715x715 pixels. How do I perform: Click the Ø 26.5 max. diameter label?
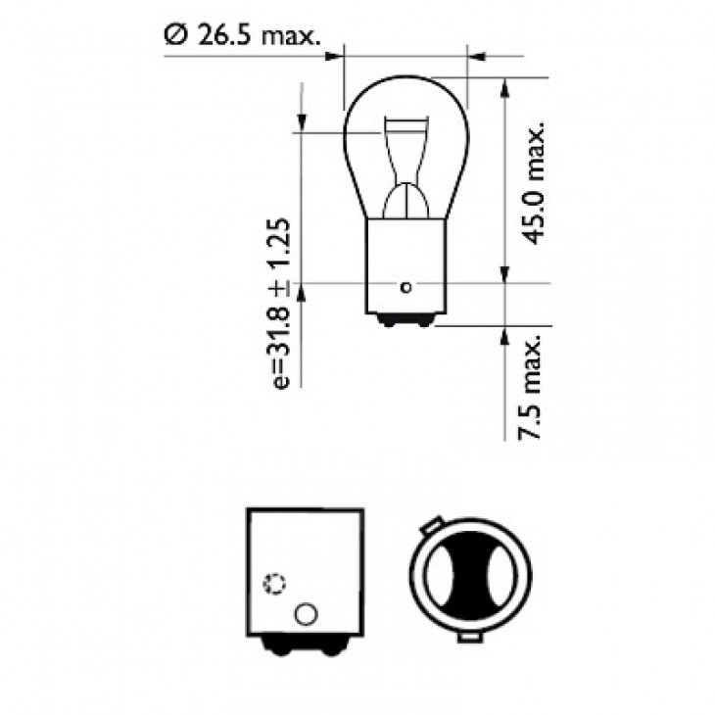(244, 37)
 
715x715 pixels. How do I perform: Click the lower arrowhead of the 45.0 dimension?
(504, 274)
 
